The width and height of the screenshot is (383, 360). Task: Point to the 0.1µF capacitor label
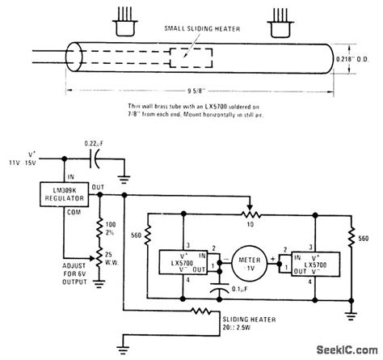[239, 290]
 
